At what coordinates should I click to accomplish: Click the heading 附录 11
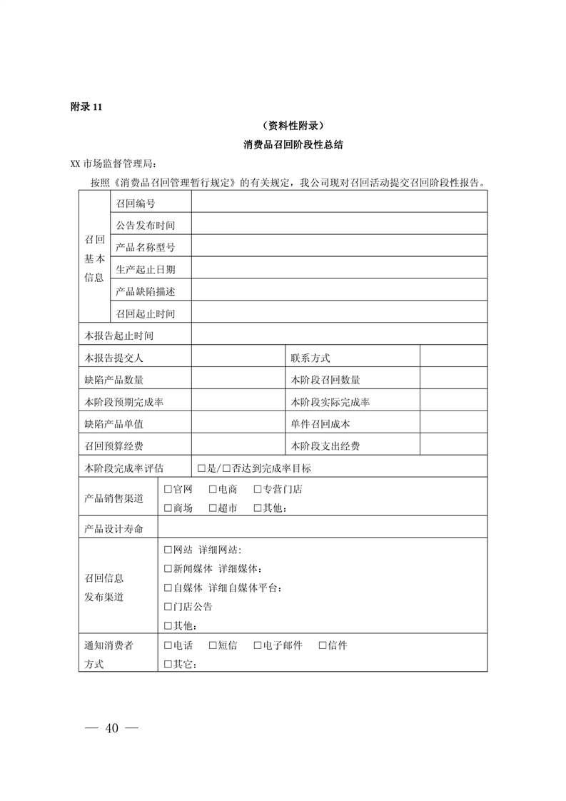[87, 107]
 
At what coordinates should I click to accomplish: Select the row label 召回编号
[136, 203]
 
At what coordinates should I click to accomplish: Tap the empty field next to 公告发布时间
[339, 225]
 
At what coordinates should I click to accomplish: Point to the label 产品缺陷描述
[145, 291]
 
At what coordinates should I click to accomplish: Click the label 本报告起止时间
[118, 335]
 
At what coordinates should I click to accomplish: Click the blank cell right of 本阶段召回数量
[453, 380]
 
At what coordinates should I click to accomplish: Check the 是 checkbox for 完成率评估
[201, 468]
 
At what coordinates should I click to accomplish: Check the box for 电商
[213, 490]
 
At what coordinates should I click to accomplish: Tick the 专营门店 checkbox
[258, 490]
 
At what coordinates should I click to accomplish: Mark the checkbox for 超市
[213, 508]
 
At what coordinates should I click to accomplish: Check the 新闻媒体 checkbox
[168, 569]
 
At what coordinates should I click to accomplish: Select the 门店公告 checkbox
[168, 607]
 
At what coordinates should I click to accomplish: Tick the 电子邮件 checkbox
[258, 645]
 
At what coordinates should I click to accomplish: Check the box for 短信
[213, 645]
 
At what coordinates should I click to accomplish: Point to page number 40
[111, 728]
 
